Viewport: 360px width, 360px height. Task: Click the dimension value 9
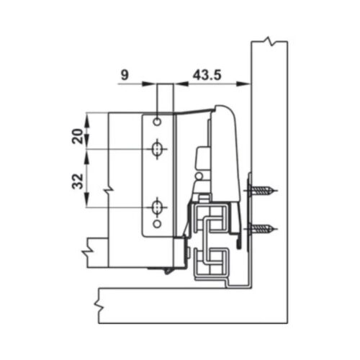125,73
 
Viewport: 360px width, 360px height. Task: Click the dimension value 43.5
206,73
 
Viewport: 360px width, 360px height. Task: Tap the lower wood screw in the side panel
263,230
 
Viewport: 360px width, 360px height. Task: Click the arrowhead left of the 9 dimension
153,84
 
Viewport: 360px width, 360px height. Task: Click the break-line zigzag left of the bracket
108,190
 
